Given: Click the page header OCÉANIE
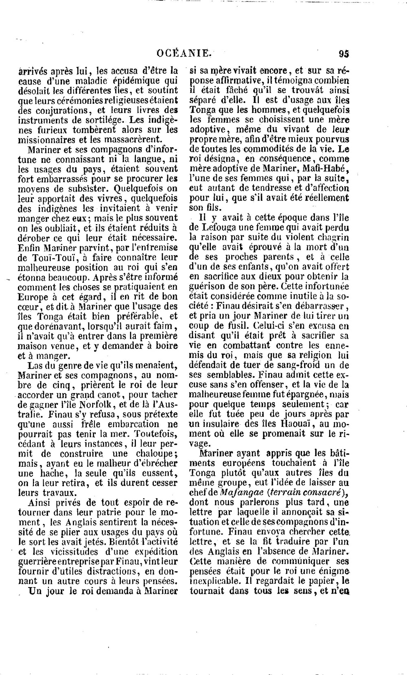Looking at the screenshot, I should (x=184, y=53).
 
